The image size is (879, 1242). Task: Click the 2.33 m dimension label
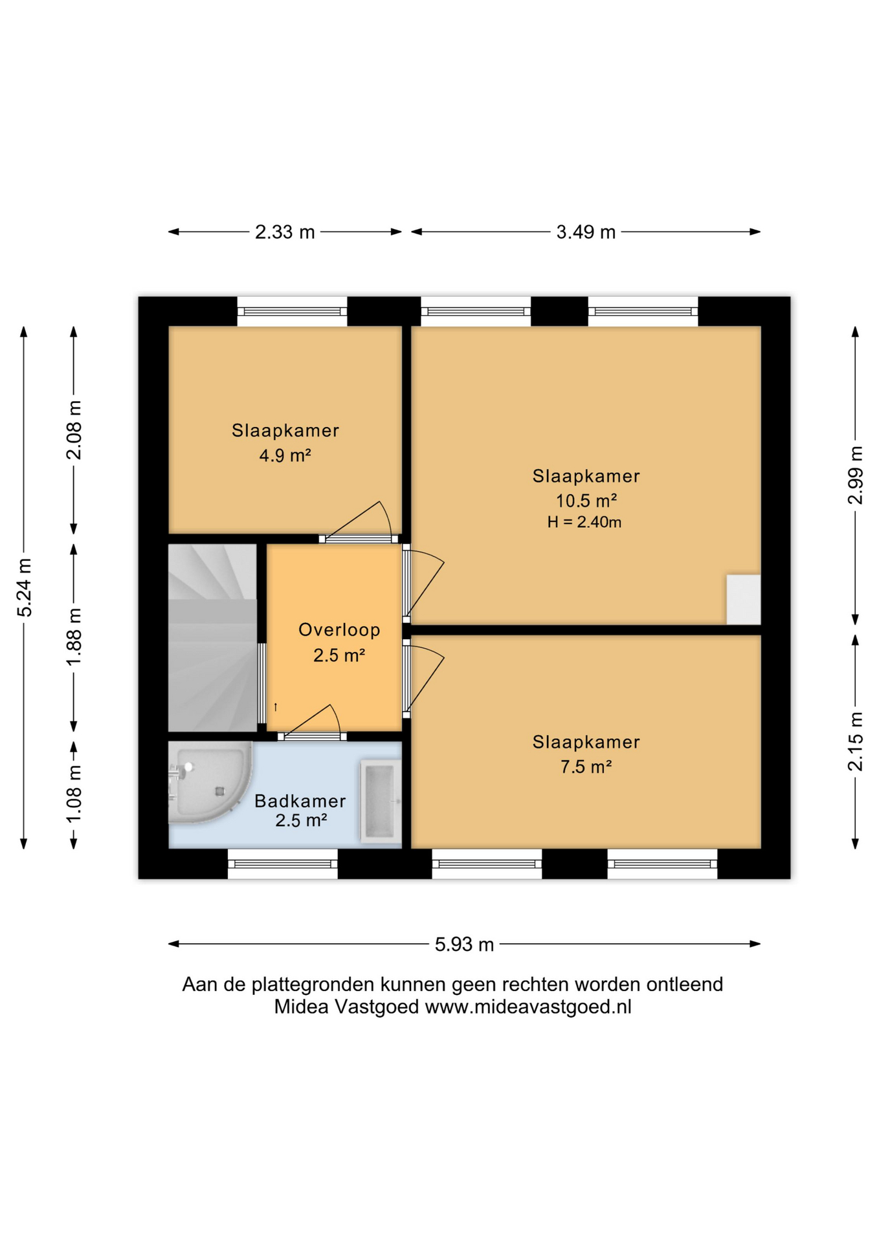(x=285, y=232)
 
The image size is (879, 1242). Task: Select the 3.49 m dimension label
(x=586, y=232)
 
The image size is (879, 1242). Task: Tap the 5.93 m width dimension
(x=464, y=944)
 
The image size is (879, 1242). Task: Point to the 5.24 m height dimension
(x=24, y=587)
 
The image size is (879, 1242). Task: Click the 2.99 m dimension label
(x=855, y=475)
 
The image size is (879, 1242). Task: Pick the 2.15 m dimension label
(x=855, y=741)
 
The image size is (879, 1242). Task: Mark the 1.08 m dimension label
(x=74, y=794)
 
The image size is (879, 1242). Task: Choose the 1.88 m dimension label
(x=74, y=637)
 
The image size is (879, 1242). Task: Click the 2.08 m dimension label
(x=74, y=430)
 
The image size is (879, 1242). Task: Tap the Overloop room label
(x=339, y=629)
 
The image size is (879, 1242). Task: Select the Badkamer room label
(x=300, y=801)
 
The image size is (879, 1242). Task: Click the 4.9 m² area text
(x=285, y=455)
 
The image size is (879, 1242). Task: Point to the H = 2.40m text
(x=584, y=522)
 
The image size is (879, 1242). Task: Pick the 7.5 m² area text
(x=586, y=767)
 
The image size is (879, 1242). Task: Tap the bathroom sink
(x=380, y=801)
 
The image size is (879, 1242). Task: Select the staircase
(x=212, y=638)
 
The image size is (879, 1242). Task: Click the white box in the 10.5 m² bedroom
(x=743, y=599)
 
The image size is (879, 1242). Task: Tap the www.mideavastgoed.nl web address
(x=528, y=1007)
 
